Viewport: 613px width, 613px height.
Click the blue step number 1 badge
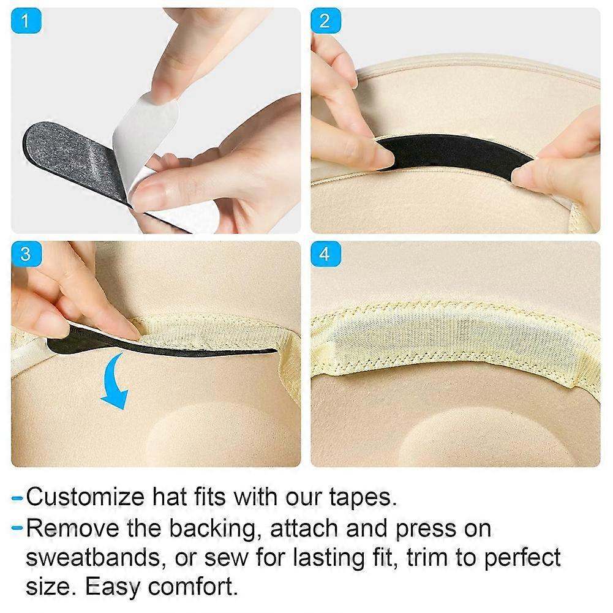(26, 20)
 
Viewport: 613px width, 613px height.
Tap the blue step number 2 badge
(326, 20)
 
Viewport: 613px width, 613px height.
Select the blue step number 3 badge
(26, 254)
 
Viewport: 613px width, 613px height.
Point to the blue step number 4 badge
(326, 254)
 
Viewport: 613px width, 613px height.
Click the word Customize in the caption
(85, 497)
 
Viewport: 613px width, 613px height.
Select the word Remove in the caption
(72, 528)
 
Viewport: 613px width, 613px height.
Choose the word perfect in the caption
(523, 558)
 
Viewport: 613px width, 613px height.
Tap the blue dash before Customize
(17, 498)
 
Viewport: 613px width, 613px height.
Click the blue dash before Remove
(17, 528)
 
